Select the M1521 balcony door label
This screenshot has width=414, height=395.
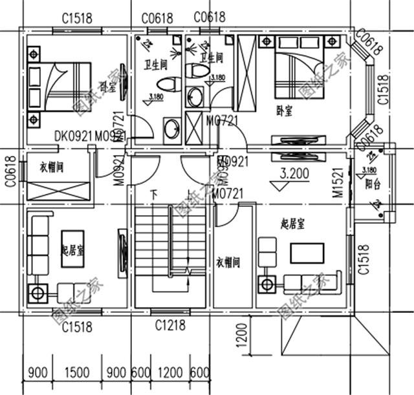[x=337, y=183]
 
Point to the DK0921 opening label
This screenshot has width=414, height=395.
[x=73, y=136]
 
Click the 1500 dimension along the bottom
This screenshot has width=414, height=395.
[x=78, y=372]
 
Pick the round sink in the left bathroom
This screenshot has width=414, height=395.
[x=171, y=128]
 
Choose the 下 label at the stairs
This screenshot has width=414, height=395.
[x=153, y=193]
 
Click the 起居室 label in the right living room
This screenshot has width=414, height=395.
[x=293, y=224]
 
